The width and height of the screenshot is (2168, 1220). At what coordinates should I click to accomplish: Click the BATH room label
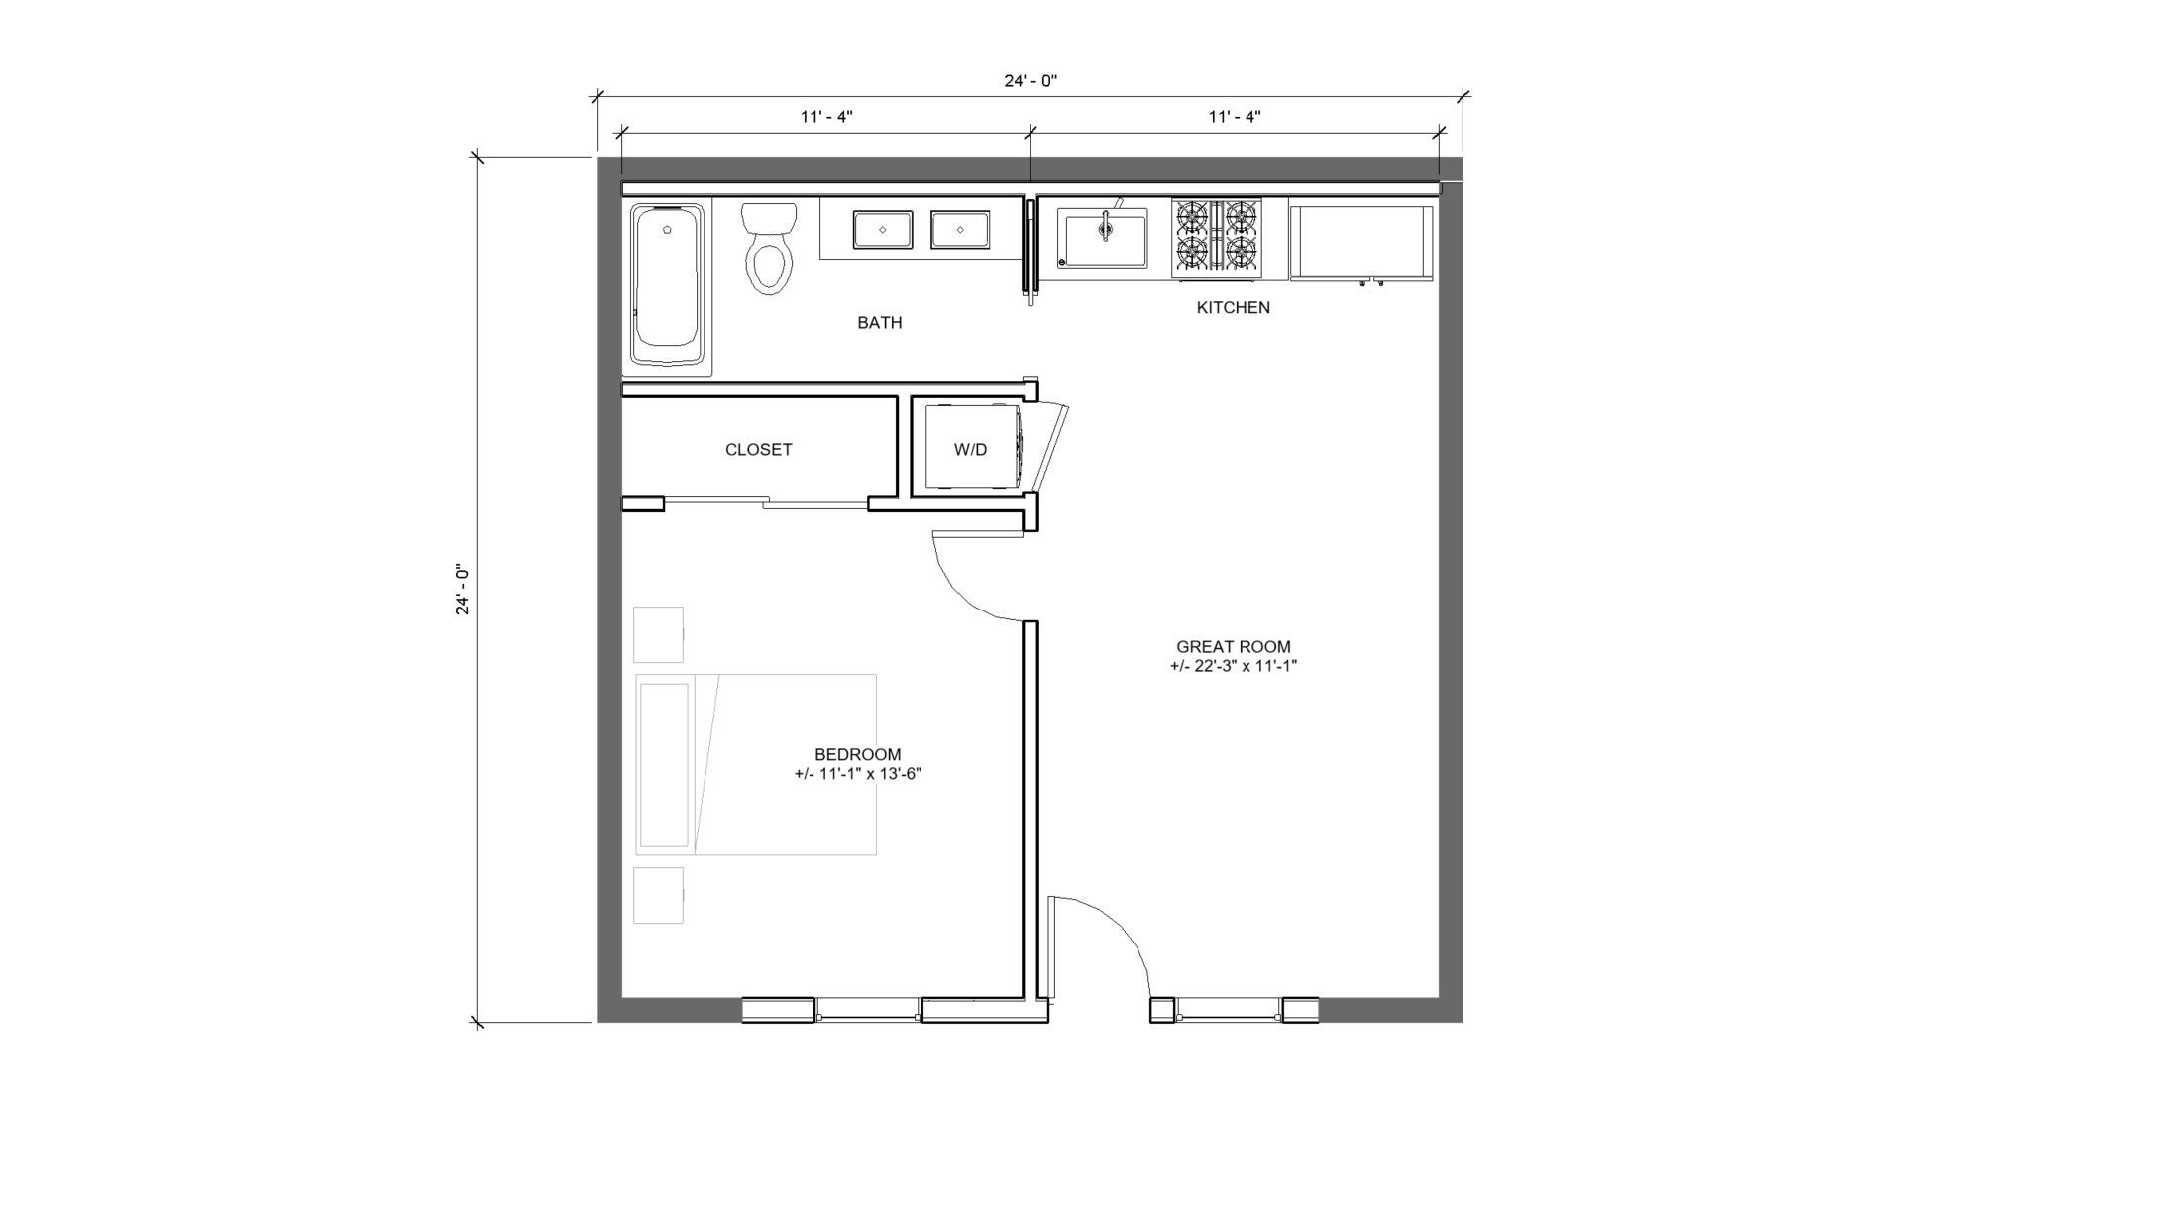click(x=879, y=323)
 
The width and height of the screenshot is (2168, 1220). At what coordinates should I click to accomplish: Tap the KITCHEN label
click(x=1233, y=308)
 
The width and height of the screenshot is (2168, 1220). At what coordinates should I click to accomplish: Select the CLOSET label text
click(x=758, y=450)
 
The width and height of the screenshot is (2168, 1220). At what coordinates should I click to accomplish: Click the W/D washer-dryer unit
click(x=970, y=449)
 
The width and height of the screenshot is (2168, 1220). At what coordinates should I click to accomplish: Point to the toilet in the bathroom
click(x=770, y=249)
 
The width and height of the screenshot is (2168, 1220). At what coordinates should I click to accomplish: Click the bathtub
click(x=667, y=288)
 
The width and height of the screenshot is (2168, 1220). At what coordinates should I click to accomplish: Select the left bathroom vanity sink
click(x=883, y=230)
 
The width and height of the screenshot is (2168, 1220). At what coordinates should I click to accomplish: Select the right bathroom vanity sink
click(x=959, y=230)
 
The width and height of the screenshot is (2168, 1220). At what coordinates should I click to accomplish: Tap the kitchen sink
click(x=1102, y=238)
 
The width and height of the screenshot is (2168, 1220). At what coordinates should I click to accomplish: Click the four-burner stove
click(x=1217, y=238)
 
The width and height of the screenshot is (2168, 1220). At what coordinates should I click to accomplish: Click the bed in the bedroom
click(x=756, y=764)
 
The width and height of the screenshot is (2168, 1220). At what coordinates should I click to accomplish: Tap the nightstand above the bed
click(x=658, y=634)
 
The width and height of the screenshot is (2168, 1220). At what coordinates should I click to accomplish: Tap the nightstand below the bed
click(x=658, y=895)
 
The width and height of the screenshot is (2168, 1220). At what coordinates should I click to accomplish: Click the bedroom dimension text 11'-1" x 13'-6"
click(x=858, y=774)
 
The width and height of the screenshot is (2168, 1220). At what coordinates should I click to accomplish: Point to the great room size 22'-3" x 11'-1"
click(x=1233, y=666)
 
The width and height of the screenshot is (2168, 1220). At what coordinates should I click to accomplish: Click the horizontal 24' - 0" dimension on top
click(x=1030, y=81)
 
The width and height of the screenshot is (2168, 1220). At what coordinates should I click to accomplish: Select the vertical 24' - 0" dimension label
click(x=462, y=591)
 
